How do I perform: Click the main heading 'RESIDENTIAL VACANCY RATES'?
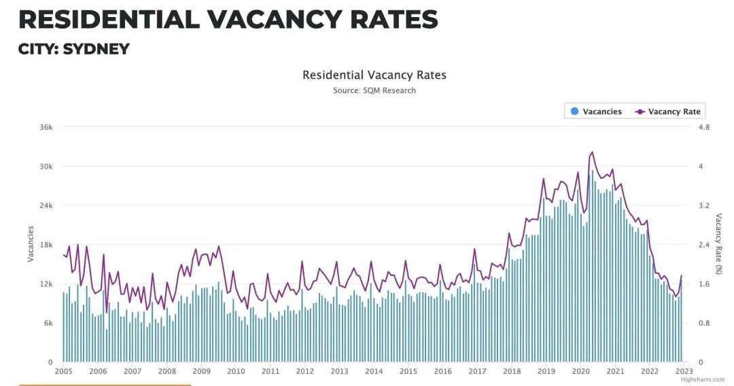click(x=228, y=19)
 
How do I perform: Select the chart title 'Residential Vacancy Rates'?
click(x=374, y=75)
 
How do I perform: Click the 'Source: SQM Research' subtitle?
click(x=374, y=90)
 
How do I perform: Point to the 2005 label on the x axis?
click(x=63, y=371)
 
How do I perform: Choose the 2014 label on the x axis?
click(x=374, y=371)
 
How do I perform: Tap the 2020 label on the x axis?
click(x=580, y=371)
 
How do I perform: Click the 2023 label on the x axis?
click(x=684, y=371)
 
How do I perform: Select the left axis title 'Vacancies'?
click(x=30, y=244)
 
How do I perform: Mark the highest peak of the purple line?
click(x=592, y=152)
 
